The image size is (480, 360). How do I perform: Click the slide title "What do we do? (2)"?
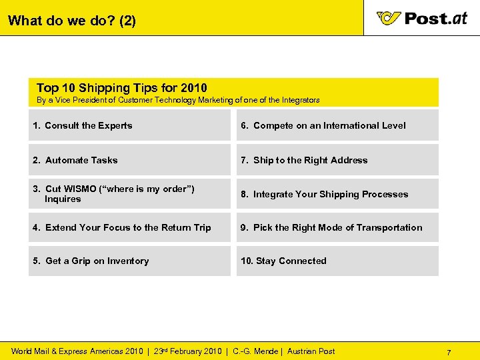pos(72,21)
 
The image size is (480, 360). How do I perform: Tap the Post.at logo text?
pos(436,18)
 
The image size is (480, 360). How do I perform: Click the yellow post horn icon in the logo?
pos(389,18)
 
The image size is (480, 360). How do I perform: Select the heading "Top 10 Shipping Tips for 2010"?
pos(121,88)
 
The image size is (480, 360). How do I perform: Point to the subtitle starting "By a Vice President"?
pos(178,100)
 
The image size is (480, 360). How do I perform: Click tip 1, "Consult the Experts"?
pos(83,125)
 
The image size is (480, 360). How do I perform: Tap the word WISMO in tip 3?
pos(80,189)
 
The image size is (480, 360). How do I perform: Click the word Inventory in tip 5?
pos(128,261)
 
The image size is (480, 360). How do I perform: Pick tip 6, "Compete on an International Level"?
pos(323,125)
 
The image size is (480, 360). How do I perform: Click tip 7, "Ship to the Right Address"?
pos(304,160)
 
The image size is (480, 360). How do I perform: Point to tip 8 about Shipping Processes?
pos(325,194)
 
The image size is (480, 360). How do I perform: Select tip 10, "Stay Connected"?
pos(284,261)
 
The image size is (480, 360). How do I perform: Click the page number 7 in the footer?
pos(449,351)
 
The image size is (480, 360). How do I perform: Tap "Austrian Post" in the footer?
pos(311,351)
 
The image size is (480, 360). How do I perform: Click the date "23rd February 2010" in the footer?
pos(187,351)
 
